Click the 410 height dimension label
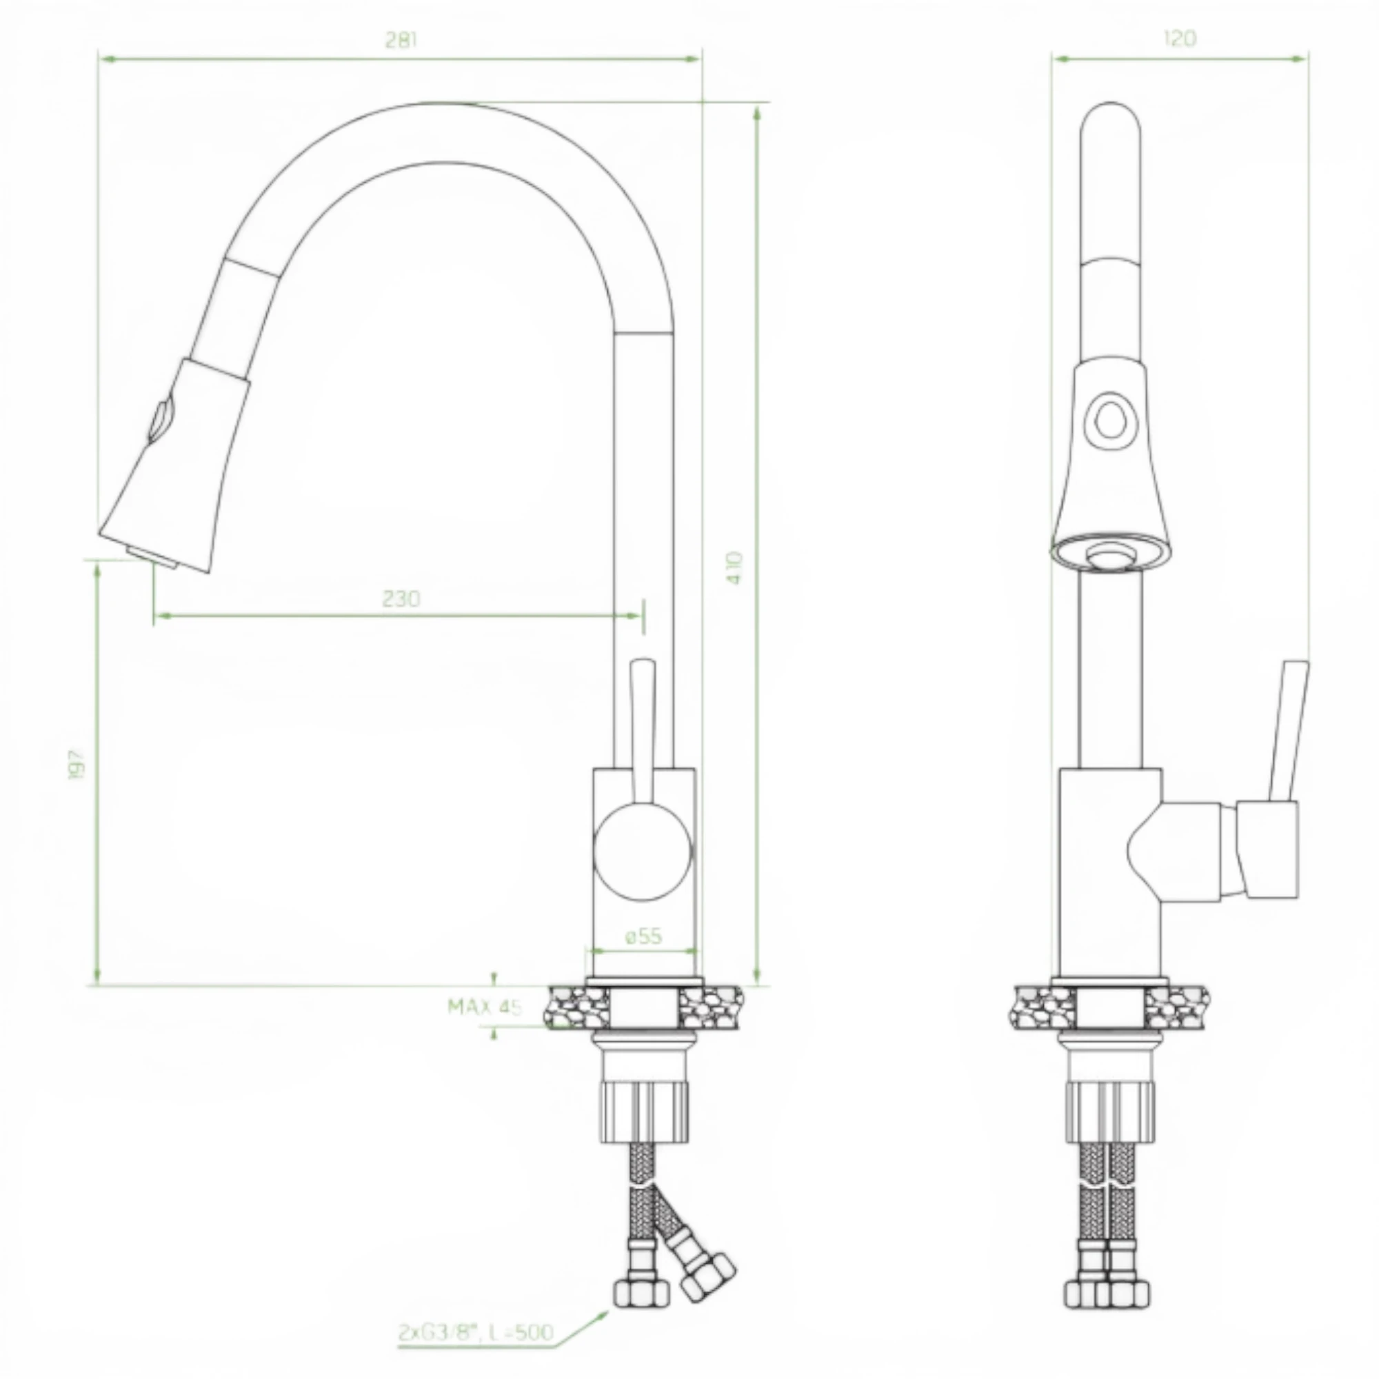pos(736,567)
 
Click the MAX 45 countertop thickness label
pos(485,1007)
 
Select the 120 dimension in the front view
pos(1180,39)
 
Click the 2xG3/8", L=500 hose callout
pos(475,1333)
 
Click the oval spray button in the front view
pos(1107,421)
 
